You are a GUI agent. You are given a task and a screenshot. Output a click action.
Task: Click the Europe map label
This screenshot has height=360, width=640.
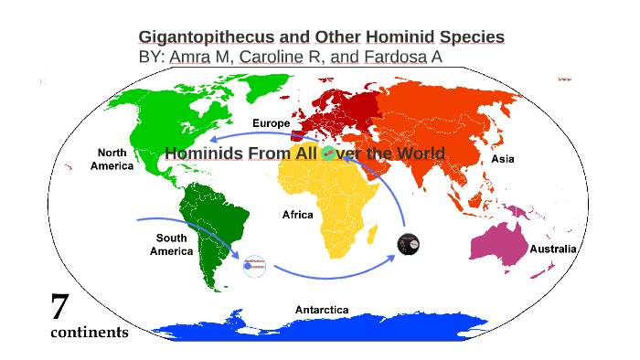tap(271, 122)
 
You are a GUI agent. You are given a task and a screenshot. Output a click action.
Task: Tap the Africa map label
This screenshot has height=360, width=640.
tap(297, 215)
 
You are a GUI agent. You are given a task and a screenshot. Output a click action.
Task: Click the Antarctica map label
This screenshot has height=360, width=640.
tap(321, 310)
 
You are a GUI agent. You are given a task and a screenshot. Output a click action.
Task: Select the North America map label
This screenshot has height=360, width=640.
tap(112, 159)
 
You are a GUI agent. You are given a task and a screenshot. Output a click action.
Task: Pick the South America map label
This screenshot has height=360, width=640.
tap(171, 244)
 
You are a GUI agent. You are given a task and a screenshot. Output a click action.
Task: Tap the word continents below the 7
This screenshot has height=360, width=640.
tap(89, 333)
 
